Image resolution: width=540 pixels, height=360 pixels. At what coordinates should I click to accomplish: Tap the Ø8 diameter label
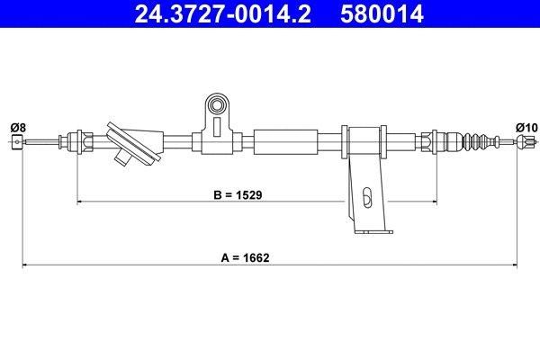point(16,126)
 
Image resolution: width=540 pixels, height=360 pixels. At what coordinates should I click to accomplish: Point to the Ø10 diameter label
point(526,126)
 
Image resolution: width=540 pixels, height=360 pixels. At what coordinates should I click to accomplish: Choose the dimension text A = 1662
point(246,257)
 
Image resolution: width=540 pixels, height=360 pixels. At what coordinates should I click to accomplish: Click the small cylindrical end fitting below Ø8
point(16,141)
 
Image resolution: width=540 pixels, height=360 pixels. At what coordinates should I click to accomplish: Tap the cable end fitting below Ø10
point(527,141)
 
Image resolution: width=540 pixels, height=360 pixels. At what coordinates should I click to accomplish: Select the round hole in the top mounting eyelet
point(216,107)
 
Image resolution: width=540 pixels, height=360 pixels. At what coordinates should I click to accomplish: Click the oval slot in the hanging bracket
point(365,196)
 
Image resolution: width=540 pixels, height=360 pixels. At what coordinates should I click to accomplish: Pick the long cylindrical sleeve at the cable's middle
point(287,141)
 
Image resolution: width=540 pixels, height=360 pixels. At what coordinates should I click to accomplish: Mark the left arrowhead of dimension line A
point(25,265)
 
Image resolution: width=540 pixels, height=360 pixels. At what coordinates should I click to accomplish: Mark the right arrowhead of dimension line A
point(514,265)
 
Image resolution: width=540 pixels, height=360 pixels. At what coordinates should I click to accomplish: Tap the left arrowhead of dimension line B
point(82,202)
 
